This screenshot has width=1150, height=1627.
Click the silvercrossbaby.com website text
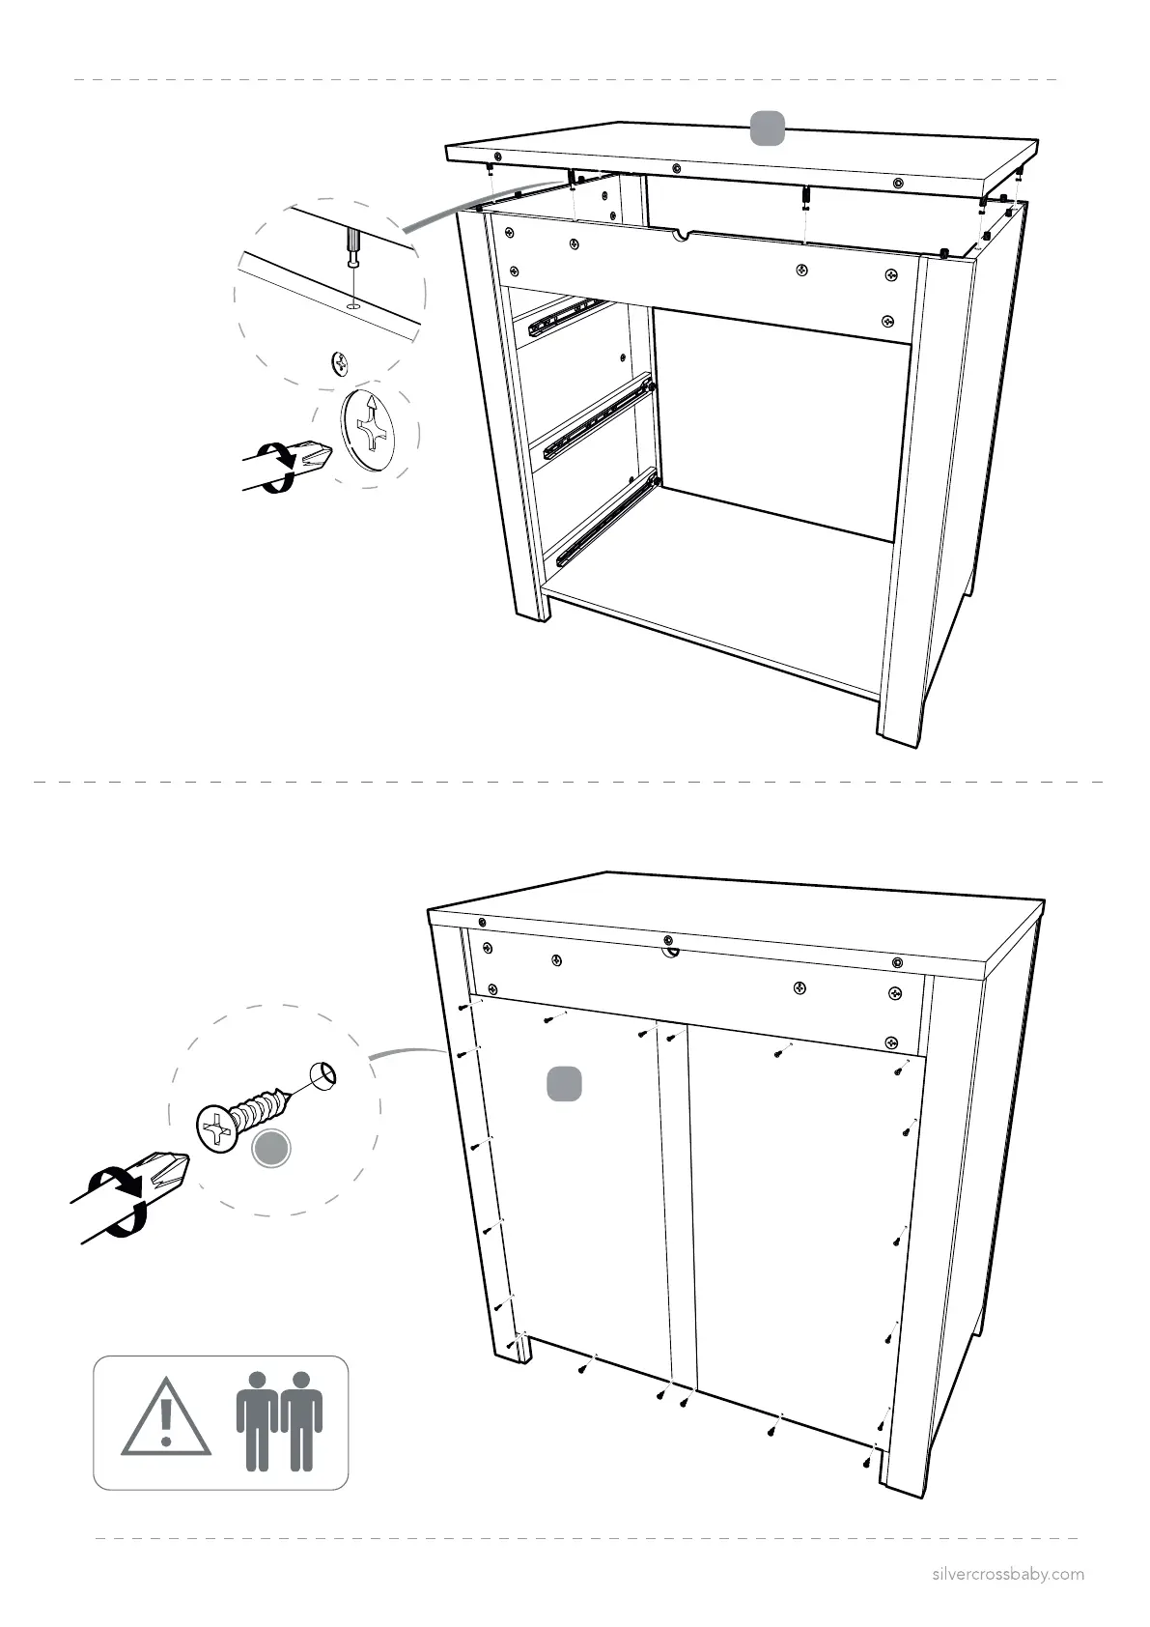click(x=1007, y=1574)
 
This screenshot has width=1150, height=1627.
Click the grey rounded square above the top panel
click(x=768, y=128)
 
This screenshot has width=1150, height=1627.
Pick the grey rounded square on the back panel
click(x=564, y=1083)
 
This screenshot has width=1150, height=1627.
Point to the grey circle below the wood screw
click(x=270, y=1148)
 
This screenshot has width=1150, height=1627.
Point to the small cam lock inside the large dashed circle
click(x=340, y=363)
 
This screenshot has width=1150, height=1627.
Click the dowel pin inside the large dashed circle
click(x=353, y=246)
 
